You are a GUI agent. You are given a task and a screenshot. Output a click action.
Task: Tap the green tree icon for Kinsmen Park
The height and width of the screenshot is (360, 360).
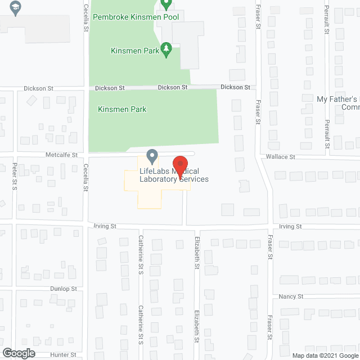coord(166,49)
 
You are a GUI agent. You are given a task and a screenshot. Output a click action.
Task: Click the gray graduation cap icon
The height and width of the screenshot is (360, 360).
coord(15,10)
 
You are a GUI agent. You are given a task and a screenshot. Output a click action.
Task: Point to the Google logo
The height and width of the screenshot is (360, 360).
coord(18,353)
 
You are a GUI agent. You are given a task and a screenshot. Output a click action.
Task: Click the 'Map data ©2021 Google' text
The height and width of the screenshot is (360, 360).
coord(325,355)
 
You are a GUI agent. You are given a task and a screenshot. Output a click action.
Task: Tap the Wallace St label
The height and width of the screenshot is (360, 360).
coord(281,157)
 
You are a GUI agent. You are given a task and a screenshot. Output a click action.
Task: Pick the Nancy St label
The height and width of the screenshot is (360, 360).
coord(291,296)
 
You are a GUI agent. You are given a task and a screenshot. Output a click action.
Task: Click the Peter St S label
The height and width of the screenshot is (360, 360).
coord(15,177)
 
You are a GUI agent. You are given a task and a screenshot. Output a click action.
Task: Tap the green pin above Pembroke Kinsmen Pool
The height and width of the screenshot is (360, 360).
coord(165,4)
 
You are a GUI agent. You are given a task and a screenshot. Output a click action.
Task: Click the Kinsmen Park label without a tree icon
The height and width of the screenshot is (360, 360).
coord(122,109)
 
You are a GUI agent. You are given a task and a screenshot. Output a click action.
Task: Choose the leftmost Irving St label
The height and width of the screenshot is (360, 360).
coord(105,226)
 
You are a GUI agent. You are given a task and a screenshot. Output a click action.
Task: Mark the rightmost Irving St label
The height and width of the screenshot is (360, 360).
coord(290,226)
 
